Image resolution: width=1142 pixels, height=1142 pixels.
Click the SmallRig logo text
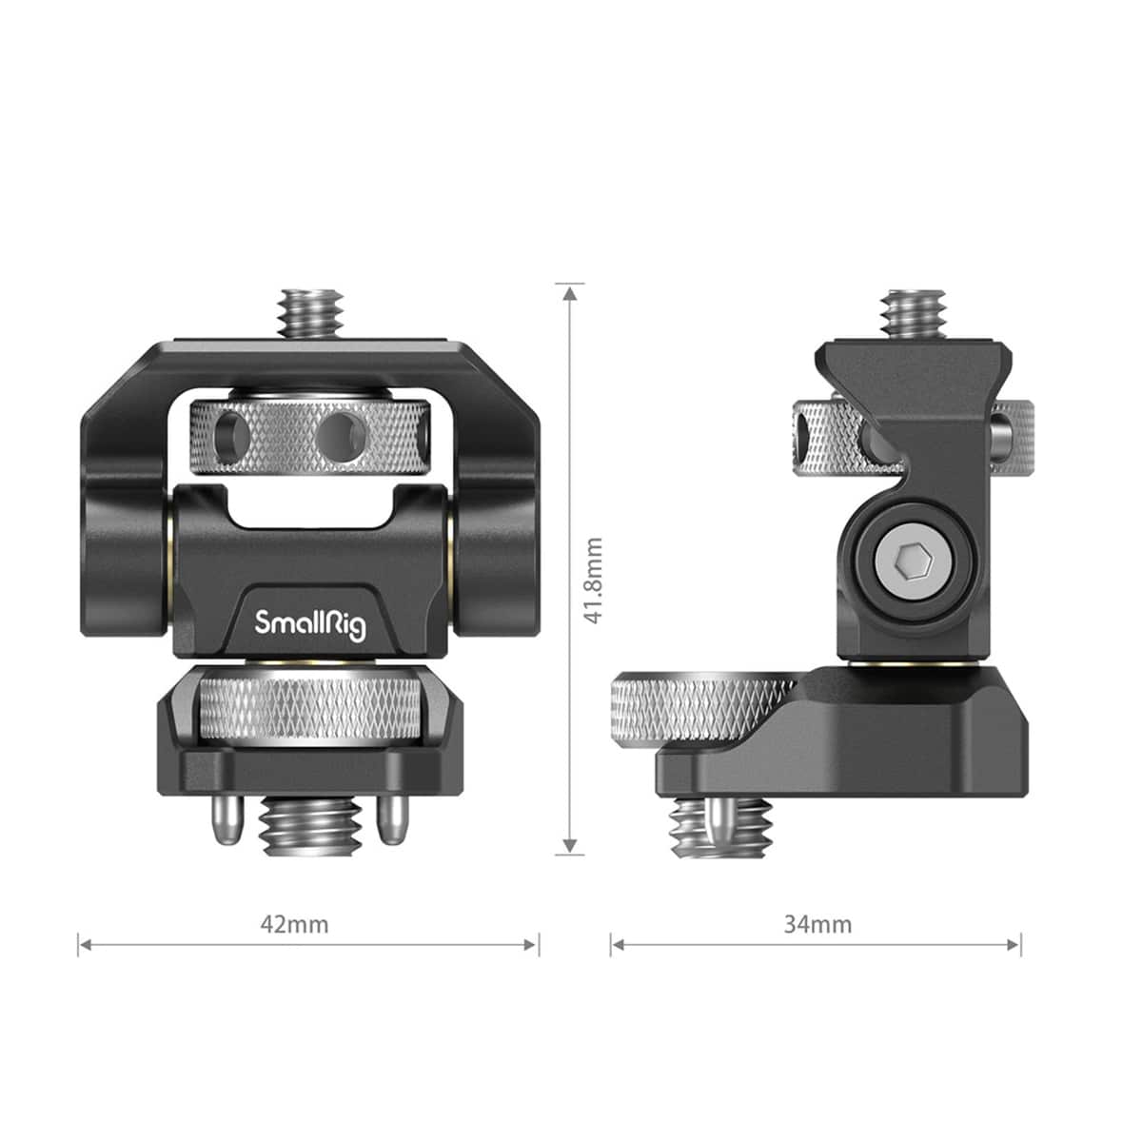click(x=310, y=624)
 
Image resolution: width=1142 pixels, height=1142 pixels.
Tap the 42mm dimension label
click(x=294, y=924)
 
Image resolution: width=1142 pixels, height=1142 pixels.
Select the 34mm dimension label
click(x=817, y=924)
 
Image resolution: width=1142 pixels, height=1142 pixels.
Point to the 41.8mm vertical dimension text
click(x=594, y=581)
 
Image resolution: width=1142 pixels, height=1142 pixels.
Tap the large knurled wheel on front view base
click(x=311, y=709)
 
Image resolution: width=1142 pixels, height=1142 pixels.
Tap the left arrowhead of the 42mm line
click(x=85, y=945)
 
